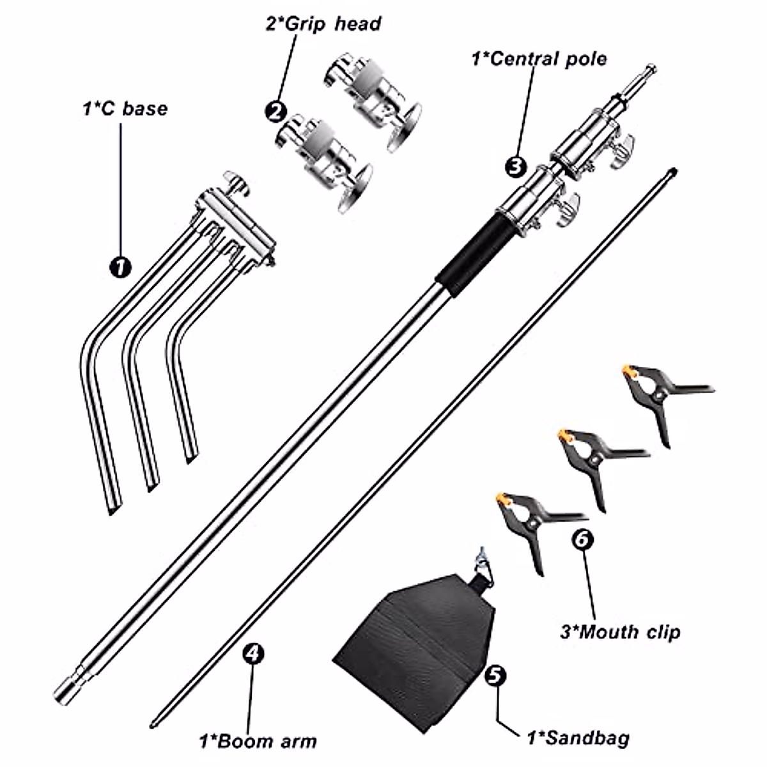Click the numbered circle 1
pyautogui.click(x=120, y=265)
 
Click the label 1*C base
pyautogui.click(x=125, y=109)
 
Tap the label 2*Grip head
pyautogui.click(x=323, y=24)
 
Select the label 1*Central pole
pyautogui.click(x=539, y=59)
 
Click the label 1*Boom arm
pyautogui.click(x=258, y=741)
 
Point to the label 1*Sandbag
pyautogui.click(x=577, y=738)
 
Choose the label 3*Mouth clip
pyautogui.click(x=620, y=632)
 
